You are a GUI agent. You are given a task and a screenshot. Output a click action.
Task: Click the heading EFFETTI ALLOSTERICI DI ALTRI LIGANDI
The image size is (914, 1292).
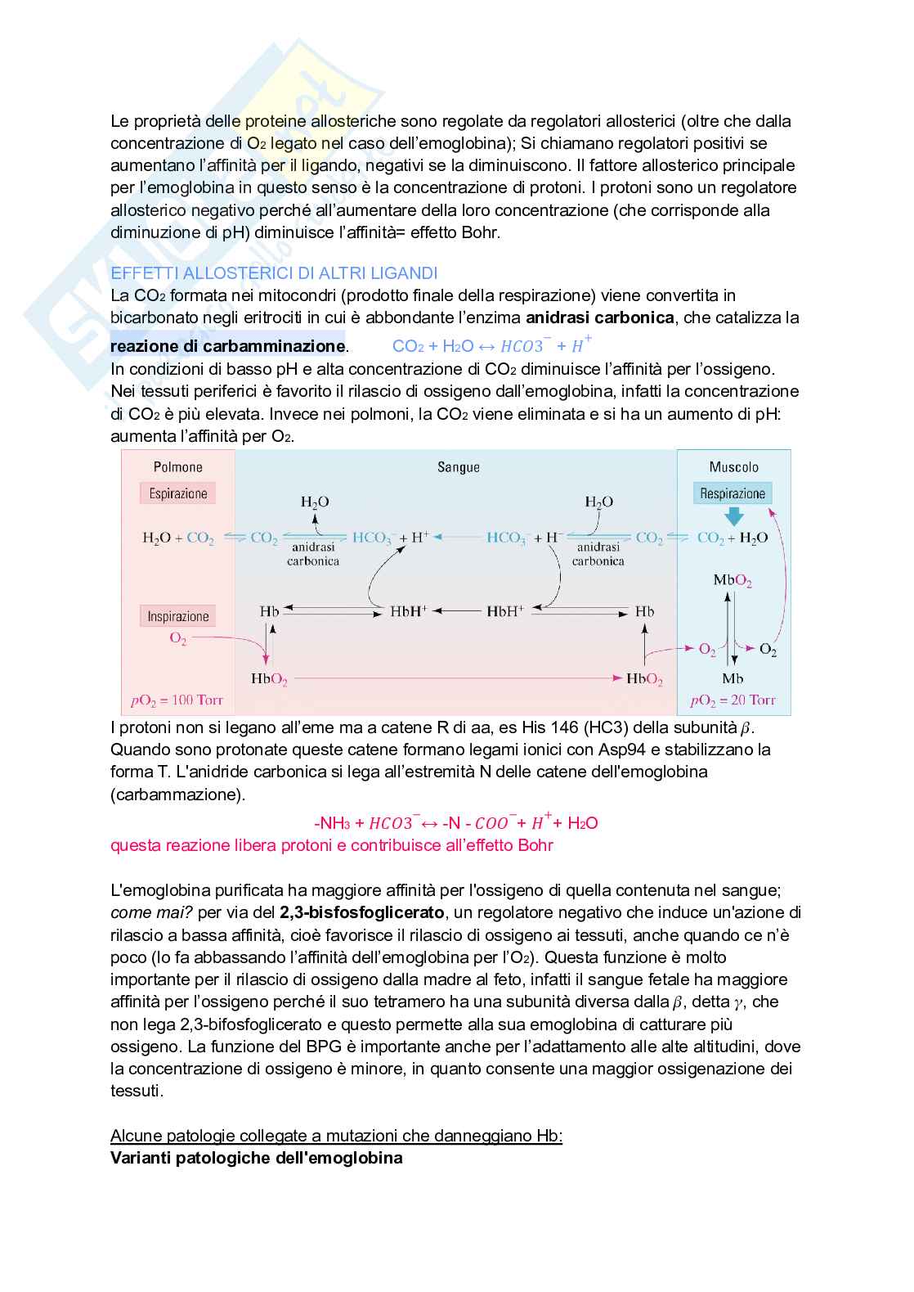click(x=274, y=273)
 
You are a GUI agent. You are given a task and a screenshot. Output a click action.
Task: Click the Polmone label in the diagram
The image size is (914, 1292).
click(x=177, y=467)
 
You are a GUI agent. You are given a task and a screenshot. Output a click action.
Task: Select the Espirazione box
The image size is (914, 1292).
click(x=178, y=493)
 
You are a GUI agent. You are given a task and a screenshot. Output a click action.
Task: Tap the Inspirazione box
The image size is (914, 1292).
click(x=178, y=616)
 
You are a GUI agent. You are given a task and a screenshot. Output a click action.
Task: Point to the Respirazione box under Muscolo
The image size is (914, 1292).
click(x=733, y=493)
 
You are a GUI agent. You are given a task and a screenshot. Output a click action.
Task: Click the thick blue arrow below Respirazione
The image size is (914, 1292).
click(x=733, y=516)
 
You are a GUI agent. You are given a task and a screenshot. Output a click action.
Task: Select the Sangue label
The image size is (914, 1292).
click(x=458, y=467)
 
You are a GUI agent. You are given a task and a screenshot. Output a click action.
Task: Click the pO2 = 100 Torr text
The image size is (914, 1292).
click(x=177, y=700)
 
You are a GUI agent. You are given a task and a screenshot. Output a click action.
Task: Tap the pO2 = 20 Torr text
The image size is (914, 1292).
click(x=733, y=700)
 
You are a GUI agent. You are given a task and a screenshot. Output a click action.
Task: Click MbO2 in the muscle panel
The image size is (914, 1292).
click(x=732, y=581)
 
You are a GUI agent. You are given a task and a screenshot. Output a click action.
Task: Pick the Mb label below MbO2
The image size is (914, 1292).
click(x=733, y=678)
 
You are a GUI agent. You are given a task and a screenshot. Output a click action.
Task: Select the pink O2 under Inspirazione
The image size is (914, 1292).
click(x=177, y=638)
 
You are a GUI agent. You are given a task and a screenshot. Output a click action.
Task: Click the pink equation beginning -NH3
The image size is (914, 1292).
click(x=455, y=822)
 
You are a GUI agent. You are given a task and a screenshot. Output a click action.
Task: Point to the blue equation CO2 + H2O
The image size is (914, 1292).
click(x=491, y=345)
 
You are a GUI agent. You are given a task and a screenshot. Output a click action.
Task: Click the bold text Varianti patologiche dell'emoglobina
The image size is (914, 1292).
click(x=256, y=1158)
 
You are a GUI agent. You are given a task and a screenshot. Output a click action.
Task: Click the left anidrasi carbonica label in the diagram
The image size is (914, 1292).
click(x=313, y=554)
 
